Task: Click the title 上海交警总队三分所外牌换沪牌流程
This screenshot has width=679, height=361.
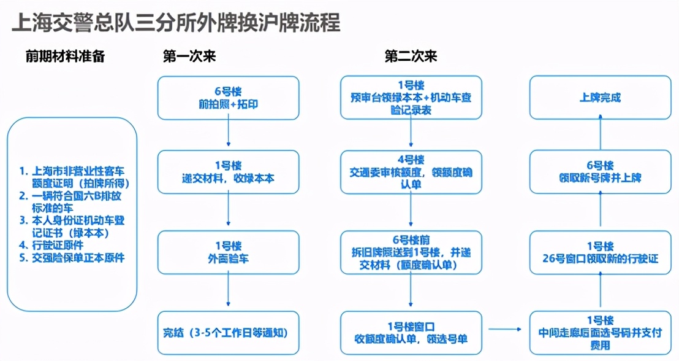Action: (176, 23)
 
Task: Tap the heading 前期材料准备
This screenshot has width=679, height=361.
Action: (65, 56)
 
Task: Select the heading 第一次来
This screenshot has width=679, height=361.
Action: (189, 56)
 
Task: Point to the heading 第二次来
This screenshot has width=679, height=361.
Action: (411, 56)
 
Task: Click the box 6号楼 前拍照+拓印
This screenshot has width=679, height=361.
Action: (228, 98)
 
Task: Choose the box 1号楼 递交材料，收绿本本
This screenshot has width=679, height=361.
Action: (228, 173)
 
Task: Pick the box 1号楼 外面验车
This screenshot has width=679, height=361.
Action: (228, 252)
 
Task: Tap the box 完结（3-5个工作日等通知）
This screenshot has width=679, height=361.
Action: (228, 332)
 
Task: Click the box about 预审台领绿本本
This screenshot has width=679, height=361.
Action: (411, 98)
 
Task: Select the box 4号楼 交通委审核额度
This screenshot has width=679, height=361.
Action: (411, 173)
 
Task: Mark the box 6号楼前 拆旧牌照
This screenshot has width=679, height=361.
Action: (411, 252)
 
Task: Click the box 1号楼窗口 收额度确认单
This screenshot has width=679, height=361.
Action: (411, 332)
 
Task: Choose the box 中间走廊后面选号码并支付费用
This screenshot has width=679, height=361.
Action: (600, 332)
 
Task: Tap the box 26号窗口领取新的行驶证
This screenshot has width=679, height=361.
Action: (600, 252)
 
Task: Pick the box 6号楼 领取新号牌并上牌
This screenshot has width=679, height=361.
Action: (600, 173)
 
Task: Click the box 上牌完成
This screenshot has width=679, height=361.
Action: (600, 98)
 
